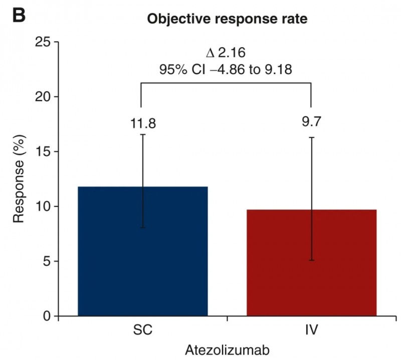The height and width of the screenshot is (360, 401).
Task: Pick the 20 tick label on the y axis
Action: [x=44, y=97]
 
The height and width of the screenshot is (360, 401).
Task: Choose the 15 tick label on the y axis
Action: [x=44, y=152]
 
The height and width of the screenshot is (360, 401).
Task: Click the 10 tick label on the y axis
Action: [x=44, y=206]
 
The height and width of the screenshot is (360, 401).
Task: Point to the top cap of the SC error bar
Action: [x=143, y=135]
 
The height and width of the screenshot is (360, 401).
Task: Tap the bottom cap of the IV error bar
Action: [x=311, y=260]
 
